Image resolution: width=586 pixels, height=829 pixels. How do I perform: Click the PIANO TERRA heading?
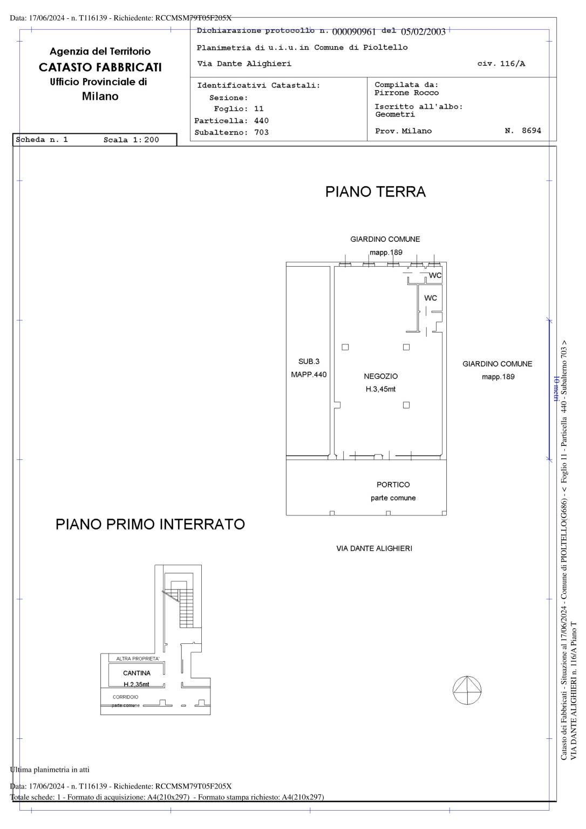click(375, 192)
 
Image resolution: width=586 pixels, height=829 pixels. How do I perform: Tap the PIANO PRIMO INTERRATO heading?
click(150, 524)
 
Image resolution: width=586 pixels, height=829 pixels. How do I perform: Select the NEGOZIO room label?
click(380, 376)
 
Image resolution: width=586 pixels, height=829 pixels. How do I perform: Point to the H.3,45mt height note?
click(380, 389)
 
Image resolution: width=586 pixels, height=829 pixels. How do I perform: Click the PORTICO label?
click(393, 485)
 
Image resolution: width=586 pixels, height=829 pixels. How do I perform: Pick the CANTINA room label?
click(137, 673)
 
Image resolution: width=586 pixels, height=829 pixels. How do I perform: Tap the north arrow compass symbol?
click(467, 690)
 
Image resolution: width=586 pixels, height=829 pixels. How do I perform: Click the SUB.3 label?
click(309, 362)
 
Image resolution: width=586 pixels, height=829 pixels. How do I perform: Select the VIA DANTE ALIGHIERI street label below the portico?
click(374, 548)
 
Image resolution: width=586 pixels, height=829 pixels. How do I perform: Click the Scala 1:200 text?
click(131, 140)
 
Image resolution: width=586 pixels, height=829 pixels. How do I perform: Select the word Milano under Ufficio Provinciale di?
click(100, 97)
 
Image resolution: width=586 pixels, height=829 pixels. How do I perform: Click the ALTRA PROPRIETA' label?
click(138, 658)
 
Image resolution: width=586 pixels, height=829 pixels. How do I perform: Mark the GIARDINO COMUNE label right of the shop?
click(497, 364)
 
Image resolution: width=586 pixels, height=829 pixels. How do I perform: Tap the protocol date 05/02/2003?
click(423, 32)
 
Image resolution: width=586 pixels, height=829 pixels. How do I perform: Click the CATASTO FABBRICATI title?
click(100, 67)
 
